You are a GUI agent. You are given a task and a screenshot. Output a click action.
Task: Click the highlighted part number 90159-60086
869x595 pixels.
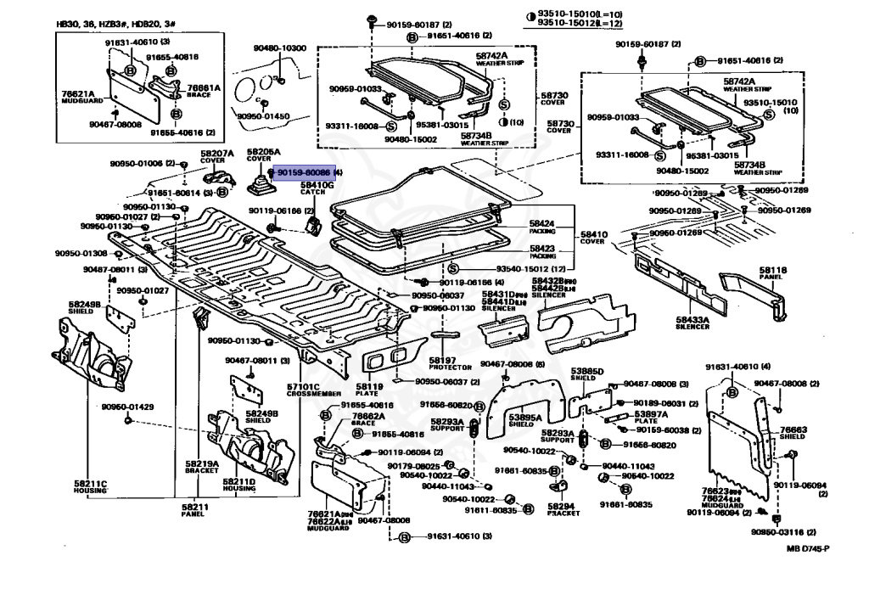pos(301,172)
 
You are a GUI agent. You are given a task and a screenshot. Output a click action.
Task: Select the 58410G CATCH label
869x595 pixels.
pos(318,188)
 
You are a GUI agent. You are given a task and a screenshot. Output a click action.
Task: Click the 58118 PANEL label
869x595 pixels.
pos(773,273)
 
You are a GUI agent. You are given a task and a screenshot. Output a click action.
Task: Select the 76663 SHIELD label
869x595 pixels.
pos(793,434)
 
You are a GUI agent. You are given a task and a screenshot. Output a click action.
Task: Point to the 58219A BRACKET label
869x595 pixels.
pos(202,467)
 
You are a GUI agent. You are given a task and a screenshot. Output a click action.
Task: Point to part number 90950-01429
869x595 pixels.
pos(127,407)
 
